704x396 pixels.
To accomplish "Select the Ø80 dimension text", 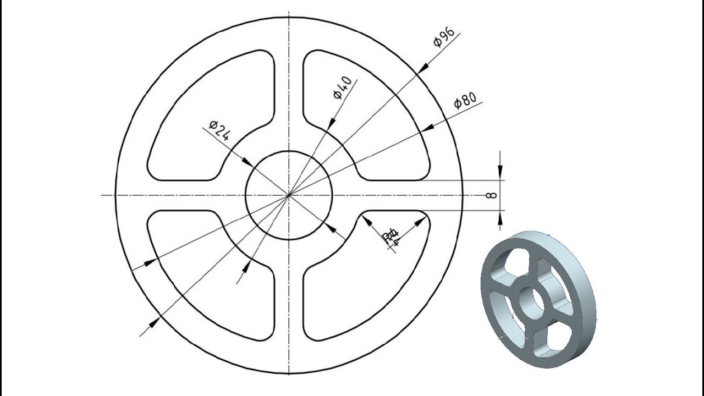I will click(x=465, y=101).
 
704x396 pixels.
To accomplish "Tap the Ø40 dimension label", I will click(x=342, y=88).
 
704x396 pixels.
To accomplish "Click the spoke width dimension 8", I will click(x=492, y=195).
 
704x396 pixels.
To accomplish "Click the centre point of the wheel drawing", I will click(x=288, y=195).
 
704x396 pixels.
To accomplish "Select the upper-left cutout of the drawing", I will click(x=212, y=118).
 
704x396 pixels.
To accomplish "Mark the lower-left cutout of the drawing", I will click(x=212, y=272).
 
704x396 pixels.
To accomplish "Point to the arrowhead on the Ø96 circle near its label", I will click(x=424, y=68).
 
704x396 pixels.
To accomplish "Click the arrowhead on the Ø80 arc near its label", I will click(x=427, y=128).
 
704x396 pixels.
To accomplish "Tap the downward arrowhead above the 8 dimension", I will click(x=499, y=174).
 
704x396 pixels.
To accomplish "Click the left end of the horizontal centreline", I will click(x=102, y=195).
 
